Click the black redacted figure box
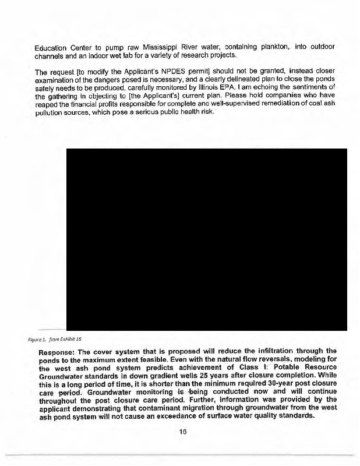(x=207, y=239)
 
